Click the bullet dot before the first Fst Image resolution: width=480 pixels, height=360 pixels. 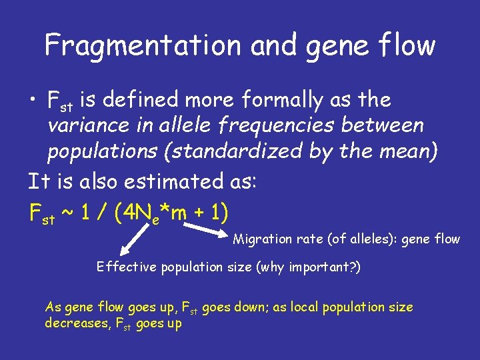tap(33, 101)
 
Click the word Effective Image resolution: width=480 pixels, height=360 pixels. tap(123, 267)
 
